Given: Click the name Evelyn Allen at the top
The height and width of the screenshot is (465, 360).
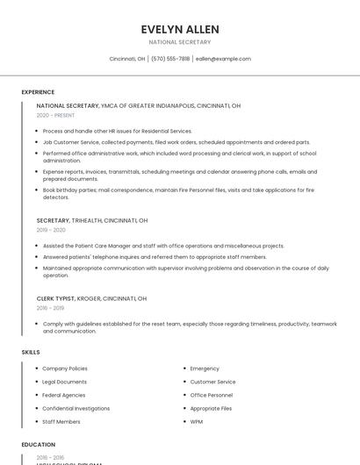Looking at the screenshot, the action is tap(180, 30).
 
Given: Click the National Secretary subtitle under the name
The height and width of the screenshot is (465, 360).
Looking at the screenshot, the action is tap(180, 42).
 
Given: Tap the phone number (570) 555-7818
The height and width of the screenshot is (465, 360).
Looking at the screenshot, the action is tap(170, 59).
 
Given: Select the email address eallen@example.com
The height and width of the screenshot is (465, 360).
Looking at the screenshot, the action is tap(223, 59).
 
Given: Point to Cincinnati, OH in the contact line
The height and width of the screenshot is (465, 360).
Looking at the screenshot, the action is tap(127, 59).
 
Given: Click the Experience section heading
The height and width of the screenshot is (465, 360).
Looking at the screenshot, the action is tap(38, 92).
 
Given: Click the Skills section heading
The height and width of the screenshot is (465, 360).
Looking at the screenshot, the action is tap(31, 352).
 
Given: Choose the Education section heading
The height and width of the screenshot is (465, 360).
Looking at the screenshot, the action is tap(39, 445).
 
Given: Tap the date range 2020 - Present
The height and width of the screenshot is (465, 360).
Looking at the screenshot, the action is tap(56, 115).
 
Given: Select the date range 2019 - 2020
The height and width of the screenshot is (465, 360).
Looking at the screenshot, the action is tap(51, 230).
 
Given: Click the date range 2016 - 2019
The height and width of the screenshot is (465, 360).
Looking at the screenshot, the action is tap(51, 308).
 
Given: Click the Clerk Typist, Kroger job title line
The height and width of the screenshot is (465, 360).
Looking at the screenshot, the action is tap(91, 298).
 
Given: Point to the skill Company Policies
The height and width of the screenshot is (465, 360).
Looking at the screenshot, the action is tap(65, 368).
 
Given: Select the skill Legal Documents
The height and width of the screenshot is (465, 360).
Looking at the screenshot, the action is tap(64, 382).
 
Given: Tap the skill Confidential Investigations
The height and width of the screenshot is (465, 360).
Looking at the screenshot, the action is tap(76, 408).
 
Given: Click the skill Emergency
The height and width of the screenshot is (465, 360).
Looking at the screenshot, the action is tap(205, 368).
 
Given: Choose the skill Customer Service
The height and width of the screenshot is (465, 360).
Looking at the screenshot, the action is tap(212, 382).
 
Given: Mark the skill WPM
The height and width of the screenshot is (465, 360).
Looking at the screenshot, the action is tap(197, 421).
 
